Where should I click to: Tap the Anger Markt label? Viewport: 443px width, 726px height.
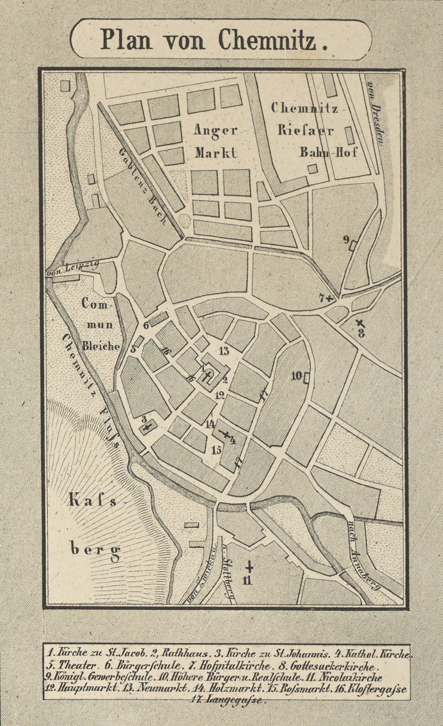[215, 141]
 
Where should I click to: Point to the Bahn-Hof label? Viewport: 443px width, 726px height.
[328, 152]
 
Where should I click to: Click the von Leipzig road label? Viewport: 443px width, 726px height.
[73, 268]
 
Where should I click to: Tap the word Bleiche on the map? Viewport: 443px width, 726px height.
[101, 346]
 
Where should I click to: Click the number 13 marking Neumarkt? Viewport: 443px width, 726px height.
[224, 350]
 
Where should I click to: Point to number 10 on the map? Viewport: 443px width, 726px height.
[297, 376]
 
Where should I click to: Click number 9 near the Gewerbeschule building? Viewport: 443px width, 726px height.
[346, 240]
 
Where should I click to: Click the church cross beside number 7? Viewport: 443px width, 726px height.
[331, 299]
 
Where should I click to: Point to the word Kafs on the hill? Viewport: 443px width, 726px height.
[93, 502]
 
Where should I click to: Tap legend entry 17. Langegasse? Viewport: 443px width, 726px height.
[228, 700]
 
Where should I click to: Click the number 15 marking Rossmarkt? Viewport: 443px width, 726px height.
[216, 450]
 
